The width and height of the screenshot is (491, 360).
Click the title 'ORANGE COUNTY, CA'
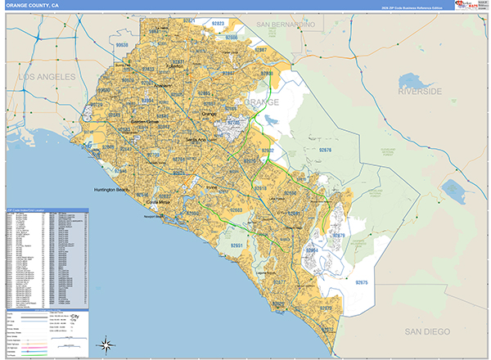tap(32, 5)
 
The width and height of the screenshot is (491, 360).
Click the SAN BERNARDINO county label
tap(286, 25)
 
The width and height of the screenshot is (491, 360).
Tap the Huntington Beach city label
tap(111, 190)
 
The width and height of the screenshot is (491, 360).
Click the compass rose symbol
tap(105, 344)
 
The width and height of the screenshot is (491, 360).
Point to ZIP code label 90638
tap(122, 46)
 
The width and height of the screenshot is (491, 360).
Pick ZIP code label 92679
tap(339, 236)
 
